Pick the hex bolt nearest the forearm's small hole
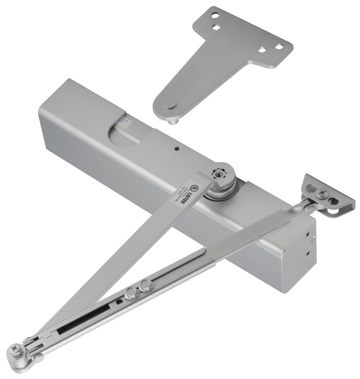coord(131,292)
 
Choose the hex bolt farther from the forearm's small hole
coord(145,285)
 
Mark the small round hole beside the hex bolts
coord(120,302)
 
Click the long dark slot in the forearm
coord(85,321)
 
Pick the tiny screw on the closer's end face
coord(313,238)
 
